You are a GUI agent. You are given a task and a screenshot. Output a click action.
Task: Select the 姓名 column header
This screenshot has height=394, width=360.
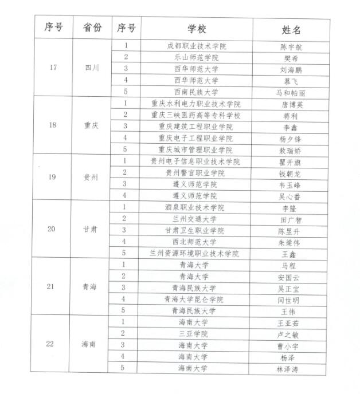click(x=291, y=29)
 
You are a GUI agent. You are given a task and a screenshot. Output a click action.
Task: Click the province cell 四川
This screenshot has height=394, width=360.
click(x=92, y=68)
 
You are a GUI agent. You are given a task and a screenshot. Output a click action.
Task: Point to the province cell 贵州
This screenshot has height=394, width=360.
click(x=92, y=177)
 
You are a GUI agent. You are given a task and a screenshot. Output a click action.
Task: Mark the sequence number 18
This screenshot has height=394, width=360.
click(x=52, y=125)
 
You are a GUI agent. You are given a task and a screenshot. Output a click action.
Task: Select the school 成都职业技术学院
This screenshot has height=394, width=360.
click(x=197, y=46)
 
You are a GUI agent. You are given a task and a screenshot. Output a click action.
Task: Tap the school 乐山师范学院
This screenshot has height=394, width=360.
click(x=197, y=57)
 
